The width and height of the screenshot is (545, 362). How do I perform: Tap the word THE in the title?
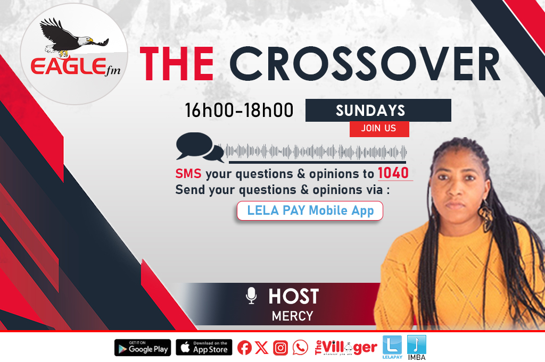pyautogui.click(x=177, y=64)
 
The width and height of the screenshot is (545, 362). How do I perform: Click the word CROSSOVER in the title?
pyautogui.click(x=365, y=64)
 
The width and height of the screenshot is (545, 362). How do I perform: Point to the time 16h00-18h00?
pyautogui.click(x=239, y=111)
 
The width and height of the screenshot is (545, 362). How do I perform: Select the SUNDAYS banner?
pyautogui.click(x=378, y=111)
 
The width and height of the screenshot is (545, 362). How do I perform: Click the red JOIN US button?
pyautogui.click(x=379, y=129)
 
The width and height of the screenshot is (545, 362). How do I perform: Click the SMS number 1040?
pyautogui.click(x=393, y=173)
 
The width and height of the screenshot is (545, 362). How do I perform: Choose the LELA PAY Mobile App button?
pyautogui.click(x=310, y=211)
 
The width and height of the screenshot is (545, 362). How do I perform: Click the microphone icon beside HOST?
pyautogui.click(x=251, y=296)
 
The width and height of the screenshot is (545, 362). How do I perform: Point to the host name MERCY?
pyautogui.click(x=292, y=316)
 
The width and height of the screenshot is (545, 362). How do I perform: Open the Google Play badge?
pyautogui.click(x=143, y=348)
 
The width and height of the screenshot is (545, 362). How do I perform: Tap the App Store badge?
pyautogui.click(x=204, y=348)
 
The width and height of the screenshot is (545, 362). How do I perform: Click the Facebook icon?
pyautogui.click(x=244, y=348)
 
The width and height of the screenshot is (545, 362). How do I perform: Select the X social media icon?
pyautogui.click(x=261, y=348)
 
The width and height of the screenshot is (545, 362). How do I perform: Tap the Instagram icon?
pyautogui.click(x=280, y=348)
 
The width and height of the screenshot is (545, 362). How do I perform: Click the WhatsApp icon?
pyautogui.click(x=300, y=348)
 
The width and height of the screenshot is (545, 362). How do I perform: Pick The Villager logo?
pyautogui.click(x=346, y=348)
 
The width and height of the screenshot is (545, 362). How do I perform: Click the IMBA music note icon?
pyautogui.click(x=416, y=344)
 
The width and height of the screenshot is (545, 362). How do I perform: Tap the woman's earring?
pyautogui.click(x=485, y=212)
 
